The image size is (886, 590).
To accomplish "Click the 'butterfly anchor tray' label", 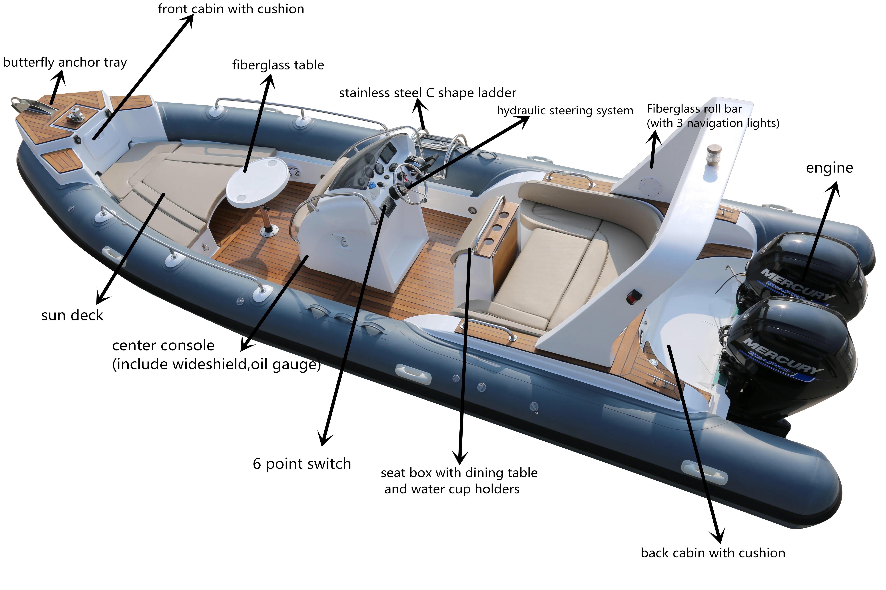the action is tap(65, 62).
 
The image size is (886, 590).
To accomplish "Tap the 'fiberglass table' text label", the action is tap(278, 65).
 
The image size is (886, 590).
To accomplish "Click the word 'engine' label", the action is tap(830, 168).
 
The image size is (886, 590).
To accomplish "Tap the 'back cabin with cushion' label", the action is tap(713, 553).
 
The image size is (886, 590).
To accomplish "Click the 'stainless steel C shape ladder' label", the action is tap(428, 93).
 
